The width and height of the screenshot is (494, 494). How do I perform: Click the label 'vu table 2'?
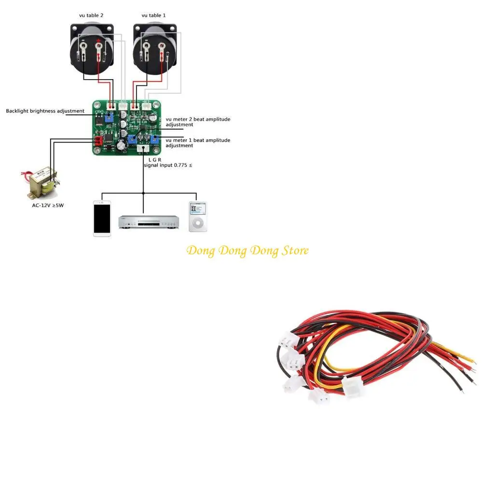91,15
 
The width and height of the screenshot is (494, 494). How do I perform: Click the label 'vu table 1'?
153,15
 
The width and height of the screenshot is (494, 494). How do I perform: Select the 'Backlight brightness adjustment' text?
45,111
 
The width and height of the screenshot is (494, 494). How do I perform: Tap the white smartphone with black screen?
102,218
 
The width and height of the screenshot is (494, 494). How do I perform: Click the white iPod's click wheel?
197,223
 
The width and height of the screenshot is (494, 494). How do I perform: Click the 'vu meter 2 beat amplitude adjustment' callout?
198,122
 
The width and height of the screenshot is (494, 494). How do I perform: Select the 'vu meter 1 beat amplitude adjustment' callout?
198,143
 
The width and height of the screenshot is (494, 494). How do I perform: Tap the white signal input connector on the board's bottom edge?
143,149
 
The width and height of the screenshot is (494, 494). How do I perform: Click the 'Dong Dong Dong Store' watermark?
247,250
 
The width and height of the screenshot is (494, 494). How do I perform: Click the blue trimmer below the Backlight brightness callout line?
109,118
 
